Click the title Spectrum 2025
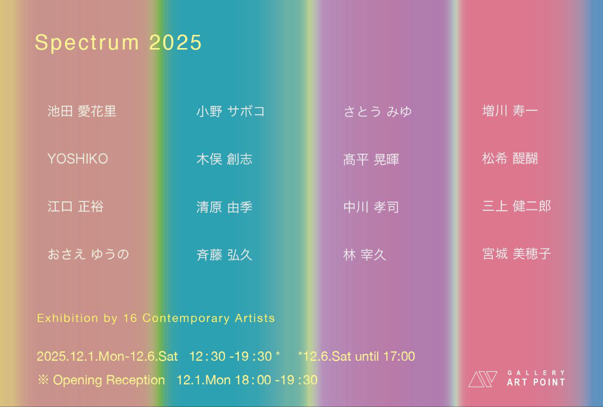[x=118, y=42]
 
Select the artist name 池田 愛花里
[x=82, y=111]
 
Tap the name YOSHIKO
[x=78, y=159]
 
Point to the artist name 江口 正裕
[x=75, y=207]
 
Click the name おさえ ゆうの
[x=88, y=255]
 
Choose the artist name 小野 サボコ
[x=230, y=111]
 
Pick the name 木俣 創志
[x=224, y=159]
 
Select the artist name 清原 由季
[x=224, y=207]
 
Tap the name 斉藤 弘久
[x=224, y=255]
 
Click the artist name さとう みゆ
[x=378, y=112]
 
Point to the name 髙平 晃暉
[x=371, y=159]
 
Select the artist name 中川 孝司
[x=371, y=207]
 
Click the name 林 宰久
[x=365, y=255]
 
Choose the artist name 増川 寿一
[x=510, y=111]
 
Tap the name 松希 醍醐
[x=510, y=158]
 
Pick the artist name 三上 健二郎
[x=516, y=206]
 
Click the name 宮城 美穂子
[x=516, y=254]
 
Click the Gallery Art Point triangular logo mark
[x=482, y=379]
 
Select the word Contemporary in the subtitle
[x=186, y=318]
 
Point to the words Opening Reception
[x=109, y=380]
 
